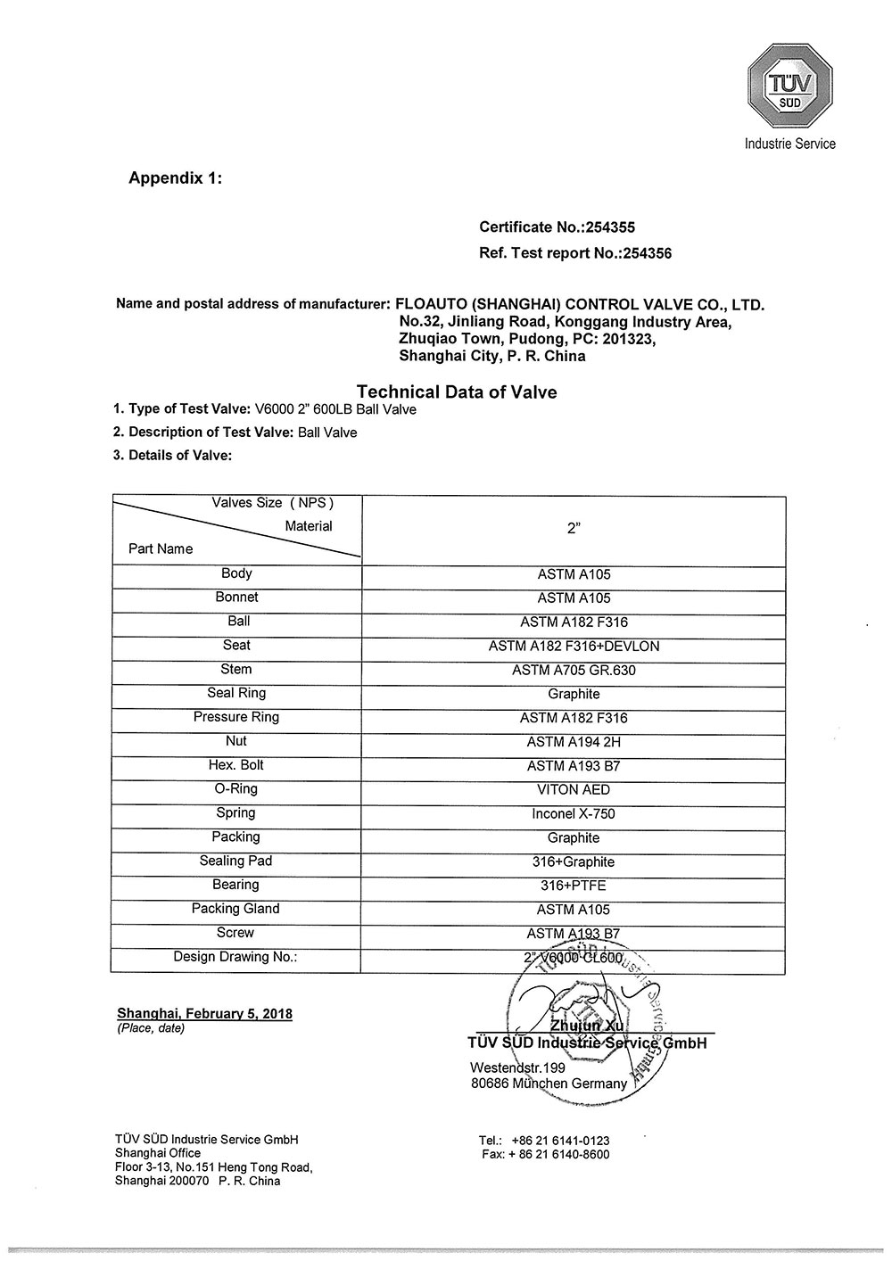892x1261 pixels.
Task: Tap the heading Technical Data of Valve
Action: [456, 391]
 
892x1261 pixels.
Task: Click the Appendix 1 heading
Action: [175, 177]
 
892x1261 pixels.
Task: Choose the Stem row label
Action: [236, 670]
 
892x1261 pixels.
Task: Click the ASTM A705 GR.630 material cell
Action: [574, 671]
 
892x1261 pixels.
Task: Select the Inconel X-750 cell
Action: [574, 814]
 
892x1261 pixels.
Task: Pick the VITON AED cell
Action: [574, 790]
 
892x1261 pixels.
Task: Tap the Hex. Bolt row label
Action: [236, 765]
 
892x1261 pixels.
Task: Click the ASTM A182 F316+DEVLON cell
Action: [574, 647]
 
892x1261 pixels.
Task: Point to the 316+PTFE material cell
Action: [574, 886]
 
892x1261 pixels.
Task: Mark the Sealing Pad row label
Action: [236, 861]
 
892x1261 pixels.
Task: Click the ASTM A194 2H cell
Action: [574, 742]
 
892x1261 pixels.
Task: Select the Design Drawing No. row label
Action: [235, 957]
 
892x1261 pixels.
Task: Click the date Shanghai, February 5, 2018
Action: [204, 1014]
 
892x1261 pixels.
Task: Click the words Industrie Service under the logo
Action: [789, 144]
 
